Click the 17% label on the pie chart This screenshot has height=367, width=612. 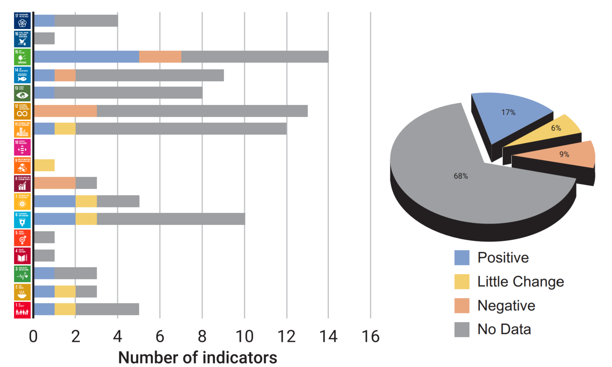[x=508, y=113]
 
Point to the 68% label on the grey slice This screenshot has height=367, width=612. [x=461, y=176]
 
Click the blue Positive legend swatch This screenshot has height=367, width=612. [x=462, y=257]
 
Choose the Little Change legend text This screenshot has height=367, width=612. [x=521, y=282]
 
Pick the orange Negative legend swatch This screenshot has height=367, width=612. [x=462, y=305]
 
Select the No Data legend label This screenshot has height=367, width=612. [x=504, y=329]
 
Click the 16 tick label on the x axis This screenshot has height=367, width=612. [x=371, y=336]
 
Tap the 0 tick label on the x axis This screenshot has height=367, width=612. [x=33, y=336]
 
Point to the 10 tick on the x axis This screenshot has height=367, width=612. [x=244, y=336]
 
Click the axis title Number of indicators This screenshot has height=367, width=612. [x=198, y=358]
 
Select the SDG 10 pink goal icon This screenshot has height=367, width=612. [x=22, y=147]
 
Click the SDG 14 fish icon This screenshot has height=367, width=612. [x=22, y=75]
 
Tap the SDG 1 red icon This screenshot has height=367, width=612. [x=22, y=310]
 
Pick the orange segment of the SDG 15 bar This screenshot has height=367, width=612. [x=160, y=57]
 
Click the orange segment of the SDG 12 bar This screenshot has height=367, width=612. [x=66, y=111]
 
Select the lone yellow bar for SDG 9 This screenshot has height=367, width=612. [x=44, y=165]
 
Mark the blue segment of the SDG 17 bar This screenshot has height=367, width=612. [x=44, y=21]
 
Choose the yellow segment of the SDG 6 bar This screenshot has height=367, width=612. [x=86, y=219]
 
